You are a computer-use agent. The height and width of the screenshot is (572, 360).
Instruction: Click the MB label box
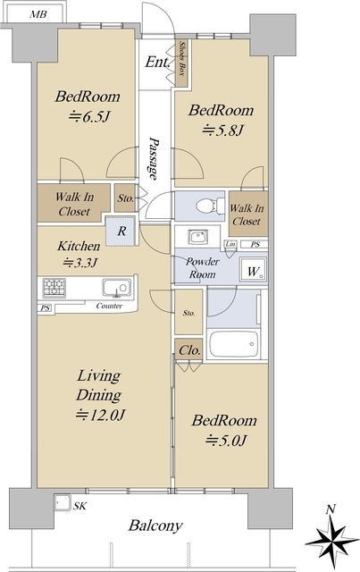35,14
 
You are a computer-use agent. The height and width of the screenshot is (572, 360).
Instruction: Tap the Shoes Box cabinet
181,63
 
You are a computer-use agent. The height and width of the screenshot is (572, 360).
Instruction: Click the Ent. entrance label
158,63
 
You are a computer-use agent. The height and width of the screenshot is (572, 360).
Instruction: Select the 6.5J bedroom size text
89,117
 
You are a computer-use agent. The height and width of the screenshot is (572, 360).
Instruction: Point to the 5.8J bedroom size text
222,130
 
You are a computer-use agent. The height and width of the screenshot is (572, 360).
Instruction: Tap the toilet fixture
210,206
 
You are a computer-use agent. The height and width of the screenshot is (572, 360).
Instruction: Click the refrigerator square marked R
121,231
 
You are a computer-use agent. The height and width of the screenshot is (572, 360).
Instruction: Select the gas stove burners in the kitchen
54,287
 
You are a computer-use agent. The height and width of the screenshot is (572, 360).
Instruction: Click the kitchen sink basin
117,288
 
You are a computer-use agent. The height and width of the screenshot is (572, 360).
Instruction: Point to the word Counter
109,306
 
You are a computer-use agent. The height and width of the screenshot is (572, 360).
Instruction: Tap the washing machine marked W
253,270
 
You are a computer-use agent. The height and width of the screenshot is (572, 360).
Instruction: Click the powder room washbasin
198,237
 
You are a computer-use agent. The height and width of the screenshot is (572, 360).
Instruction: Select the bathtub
234,344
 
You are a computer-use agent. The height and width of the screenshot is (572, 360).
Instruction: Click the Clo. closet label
189,350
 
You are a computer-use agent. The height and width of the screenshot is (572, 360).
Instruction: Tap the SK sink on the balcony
63,503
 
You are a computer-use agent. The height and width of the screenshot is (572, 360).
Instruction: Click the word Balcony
155,526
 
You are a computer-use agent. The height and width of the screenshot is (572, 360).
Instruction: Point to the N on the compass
331,509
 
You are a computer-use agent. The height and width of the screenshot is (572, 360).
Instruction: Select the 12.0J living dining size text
100,415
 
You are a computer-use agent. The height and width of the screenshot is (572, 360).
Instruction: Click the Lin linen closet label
230,244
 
